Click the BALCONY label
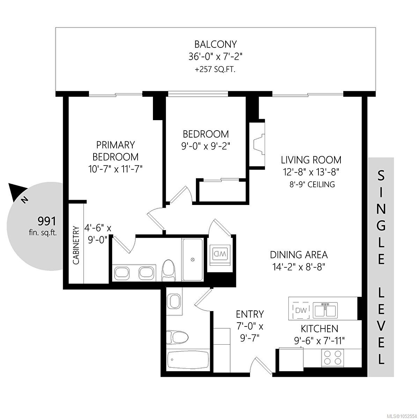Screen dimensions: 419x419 [x=215, y=44]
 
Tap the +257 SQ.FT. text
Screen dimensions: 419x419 [x=215, y=70]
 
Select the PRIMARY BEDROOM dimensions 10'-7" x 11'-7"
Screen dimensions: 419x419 [x=115, y=169]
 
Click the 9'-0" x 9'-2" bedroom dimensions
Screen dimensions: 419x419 [x=205, y=146]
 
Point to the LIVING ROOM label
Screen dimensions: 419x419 [x=311, y=160]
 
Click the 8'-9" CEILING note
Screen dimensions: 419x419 [x=312, y=184]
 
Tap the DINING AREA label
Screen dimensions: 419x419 [x=299, y=255]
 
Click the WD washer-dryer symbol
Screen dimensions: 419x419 [x=220, y=254]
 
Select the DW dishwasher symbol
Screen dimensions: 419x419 [x=301, y=310]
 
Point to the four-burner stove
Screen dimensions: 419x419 [x=332, y=358]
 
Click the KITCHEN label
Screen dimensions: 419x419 [x=319, y=329]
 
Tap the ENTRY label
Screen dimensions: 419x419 [x=250, y=314]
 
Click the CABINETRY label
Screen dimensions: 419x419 [x=76, y=245]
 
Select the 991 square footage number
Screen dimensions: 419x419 [x=47, y=221]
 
